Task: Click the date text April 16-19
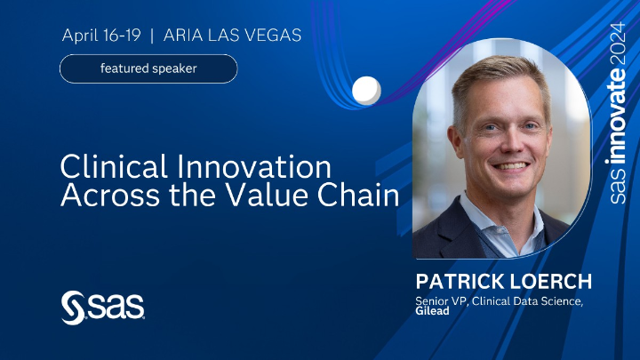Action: pos(102,36)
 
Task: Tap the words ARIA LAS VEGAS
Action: pos(234,36)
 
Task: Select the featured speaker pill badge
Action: pos(148,68)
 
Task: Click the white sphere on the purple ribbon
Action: pos(366,90)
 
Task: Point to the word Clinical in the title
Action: pos(111,167)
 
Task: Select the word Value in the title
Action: pos(284,196)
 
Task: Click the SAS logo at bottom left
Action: pos(102,307)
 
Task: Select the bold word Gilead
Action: pos(435,311)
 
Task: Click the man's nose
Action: pos(508,145)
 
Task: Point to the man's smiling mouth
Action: pos(510,166)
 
